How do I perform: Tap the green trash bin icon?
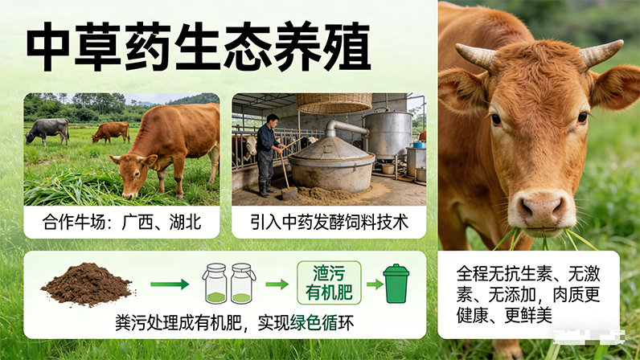[x=396, y=284]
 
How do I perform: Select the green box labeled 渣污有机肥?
[x=330, y=282]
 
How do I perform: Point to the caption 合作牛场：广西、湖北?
[x=121, y=222]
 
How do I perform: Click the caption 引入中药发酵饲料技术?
[x=329, y=222]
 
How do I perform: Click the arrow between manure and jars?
[x=170, y=284]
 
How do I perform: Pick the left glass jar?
[x=215, y=284]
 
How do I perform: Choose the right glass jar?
[x=243, y=284]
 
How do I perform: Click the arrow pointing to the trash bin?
[x=374, y=284]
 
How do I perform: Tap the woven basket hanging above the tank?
[x=334, y=102]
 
